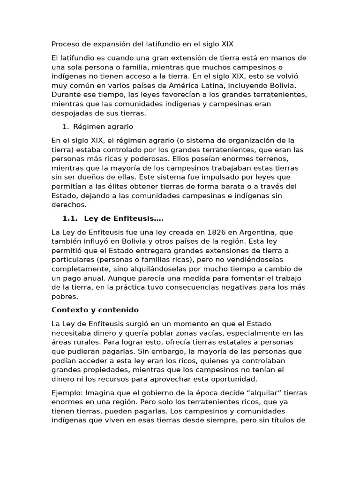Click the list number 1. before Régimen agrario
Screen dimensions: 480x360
66,127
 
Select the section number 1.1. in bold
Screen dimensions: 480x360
70,218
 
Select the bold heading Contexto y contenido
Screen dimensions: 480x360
95,310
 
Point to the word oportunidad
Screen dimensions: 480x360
234,379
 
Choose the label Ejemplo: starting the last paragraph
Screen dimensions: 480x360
67,392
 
